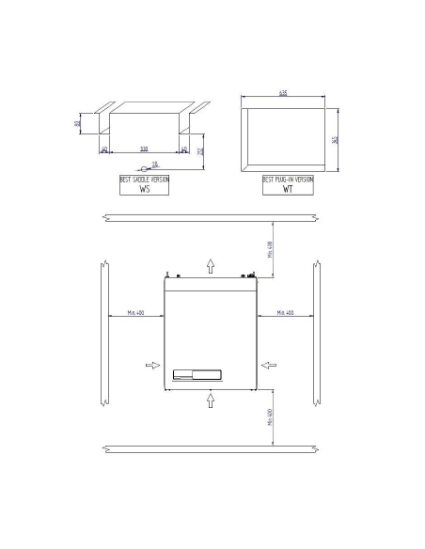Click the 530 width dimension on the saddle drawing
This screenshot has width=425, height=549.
click(x=143, y=148)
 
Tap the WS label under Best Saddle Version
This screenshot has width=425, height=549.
click(x=145, y=188)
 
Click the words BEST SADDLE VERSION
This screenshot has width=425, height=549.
click(x=145, y=179)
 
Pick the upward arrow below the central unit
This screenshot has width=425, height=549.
click(x=211, y=400)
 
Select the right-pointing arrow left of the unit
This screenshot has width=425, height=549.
click(x=152, y=364)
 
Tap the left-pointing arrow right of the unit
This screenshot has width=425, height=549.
click(x=269, y=364)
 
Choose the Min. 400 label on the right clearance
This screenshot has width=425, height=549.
click(x=283, y=311)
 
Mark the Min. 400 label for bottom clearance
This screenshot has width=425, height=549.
click(x=271, y=418)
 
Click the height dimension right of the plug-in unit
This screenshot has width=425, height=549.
click(x=334, y=140)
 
